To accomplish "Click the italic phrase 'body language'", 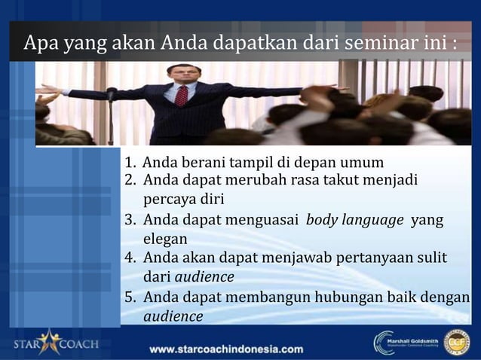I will coord(354,221).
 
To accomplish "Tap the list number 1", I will coord(130,163).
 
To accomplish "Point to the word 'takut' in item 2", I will coord(342,181).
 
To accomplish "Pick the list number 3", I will coord(130,221).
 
